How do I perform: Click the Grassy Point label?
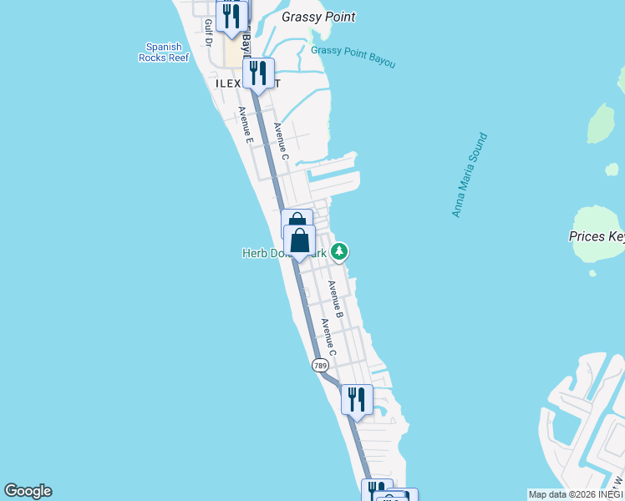tap(318, 17)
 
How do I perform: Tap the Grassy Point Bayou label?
tap(353, 57)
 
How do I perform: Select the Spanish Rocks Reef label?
tap(164, 53)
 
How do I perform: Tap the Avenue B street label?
tap(335, 299)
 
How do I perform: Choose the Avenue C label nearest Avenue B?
tap(328, 338)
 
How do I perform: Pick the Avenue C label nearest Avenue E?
tap(281, 141)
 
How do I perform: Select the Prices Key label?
tap(597, 236)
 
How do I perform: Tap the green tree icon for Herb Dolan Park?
tap(339, 250)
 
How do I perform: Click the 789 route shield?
tap(320, 366)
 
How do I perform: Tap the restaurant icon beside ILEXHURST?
tap(259, 73)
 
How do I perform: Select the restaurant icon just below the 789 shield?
tap(357, 399)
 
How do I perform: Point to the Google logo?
tap(28, 491)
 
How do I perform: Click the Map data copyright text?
tap(576, 494)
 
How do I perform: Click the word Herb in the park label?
tap(254, 253)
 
